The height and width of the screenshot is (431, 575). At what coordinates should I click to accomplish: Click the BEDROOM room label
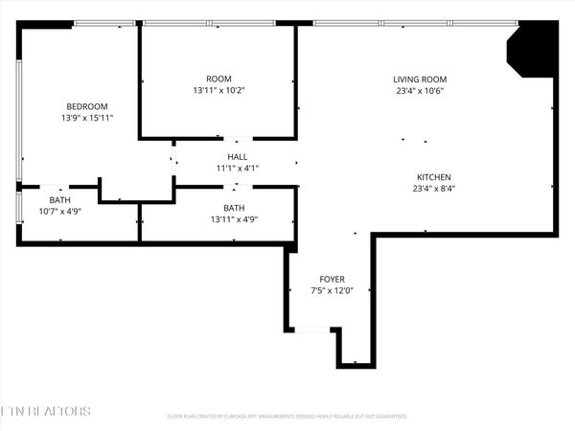pos(86,106)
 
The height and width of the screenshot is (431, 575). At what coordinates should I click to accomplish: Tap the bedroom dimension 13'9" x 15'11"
pos(86,118)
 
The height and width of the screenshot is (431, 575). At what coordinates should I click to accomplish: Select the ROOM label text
pos(218,79)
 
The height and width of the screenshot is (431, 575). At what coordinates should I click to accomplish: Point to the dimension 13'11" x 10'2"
pos(218,90)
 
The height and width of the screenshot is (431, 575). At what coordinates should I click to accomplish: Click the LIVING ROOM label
pos(420,79)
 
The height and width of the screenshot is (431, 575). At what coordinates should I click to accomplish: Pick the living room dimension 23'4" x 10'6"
pos(420,91)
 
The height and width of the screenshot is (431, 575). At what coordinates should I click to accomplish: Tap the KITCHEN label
pos(433,177)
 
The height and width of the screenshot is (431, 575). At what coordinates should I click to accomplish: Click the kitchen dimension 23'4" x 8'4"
pos(433,189)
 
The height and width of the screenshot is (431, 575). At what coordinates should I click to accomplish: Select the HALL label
pos(237,157)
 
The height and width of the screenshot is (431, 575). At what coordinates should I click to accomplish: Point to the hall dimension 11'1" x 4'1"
pos(237,169)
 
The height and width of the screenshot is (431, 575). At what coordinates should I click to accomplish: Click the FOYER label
pos(332,279)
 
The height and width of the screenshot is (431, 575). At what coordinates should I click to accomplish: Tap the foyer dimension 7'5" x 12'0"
pos(332,290)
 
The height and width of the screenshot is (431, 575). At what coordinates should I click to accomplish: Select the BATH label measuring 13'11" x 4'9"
pos(234,208)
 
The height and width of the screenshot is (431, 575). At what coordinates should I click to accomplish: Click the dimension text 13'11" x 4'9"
pos(234,219)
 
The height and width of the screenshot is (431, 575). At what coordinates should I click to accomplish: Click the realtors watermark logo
pos(46,412)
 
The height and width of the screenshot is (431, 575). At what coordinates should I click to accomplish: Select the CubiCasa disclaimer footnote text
pos(287,417)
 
